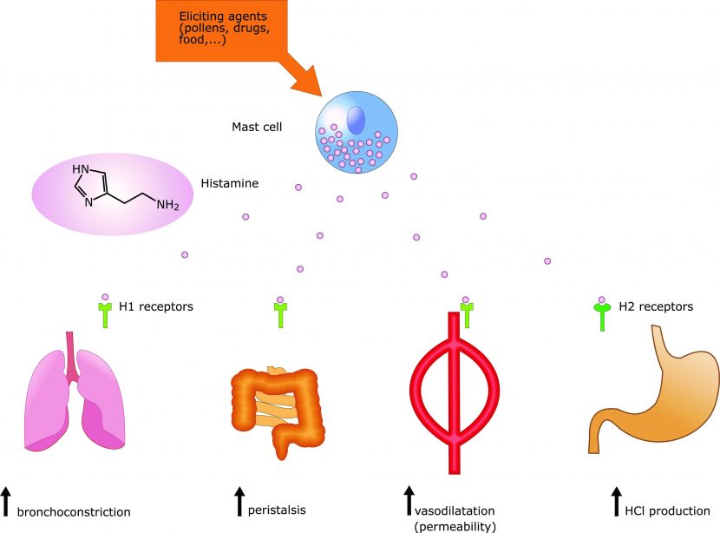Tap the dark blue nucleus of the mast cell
point(356,118)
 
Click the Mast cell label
point(257,127)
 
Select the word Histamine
point(229,184)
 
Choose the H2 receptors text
point(656,306)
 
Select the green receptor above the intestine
point(280,314)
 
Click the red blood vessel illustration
point(453,391)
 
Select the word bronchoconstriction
point(74,512)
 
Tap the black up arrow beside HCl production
point(615,502)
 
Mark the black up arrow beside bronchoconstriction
point(6,503)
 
